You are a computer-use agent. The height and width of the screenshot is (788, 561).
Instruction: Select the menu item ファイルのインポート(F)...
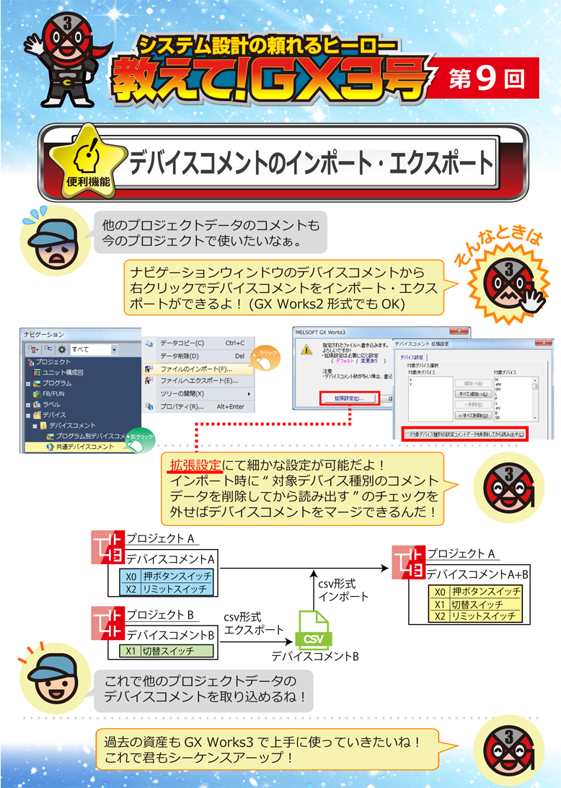click(195, 368)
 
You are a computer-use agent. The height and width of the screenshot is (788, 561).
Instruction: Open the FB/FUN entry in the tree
click(55, 394)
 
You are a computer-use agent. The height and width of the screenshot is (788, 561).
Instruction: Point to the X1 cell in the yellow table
click(439, 604)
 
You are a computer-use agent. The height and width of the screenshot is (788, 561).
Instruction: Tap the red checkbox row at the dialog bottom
click(464, 434)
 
